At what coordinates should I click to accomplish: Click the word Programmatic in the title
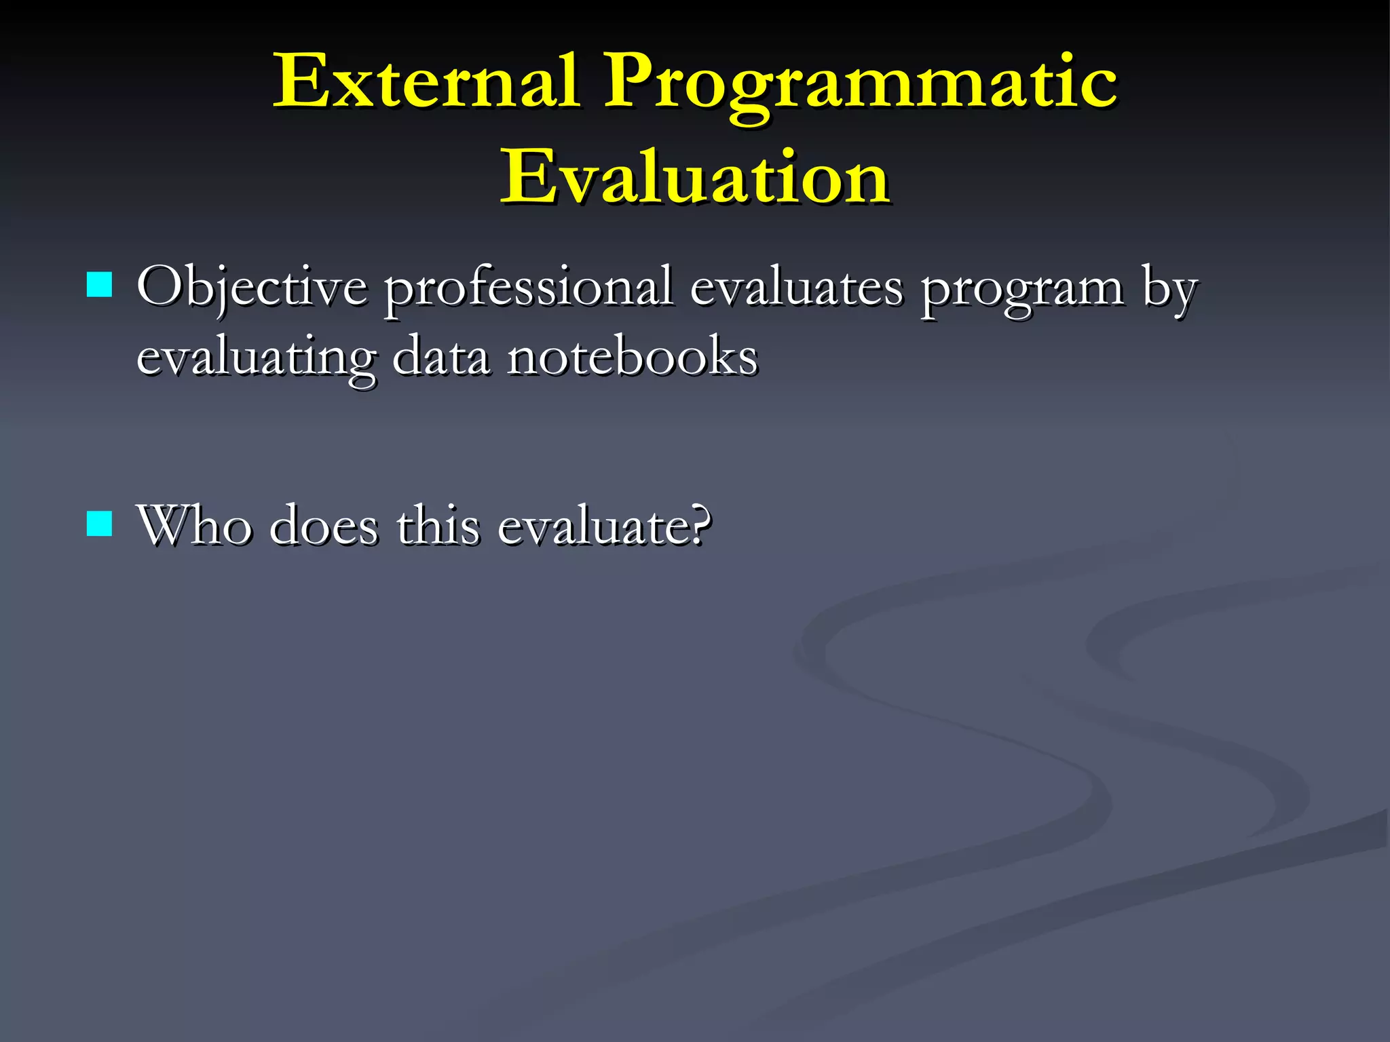pyautogui.click(x=860, y=85)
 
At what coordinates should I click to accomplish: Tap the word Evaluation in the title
pyautogui.click(x=695, y=178)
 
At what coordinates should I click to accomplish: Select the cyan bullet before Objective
pyautogui.click(x=100, y=285)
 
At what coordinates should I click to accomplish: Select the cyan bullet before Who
pyautogui.click(x=100, y=524)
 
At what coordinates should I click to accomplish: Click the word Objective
pyautogui.click(x=252, y=288)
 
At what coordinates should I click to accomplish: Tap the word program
pyautogui.click(x=1021, y=290)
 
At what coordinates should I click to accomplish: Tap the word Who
pyautogui.click(x=193, y=526)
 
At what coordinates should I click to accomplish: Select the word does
pyautogui.click(x=324, y=526)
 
